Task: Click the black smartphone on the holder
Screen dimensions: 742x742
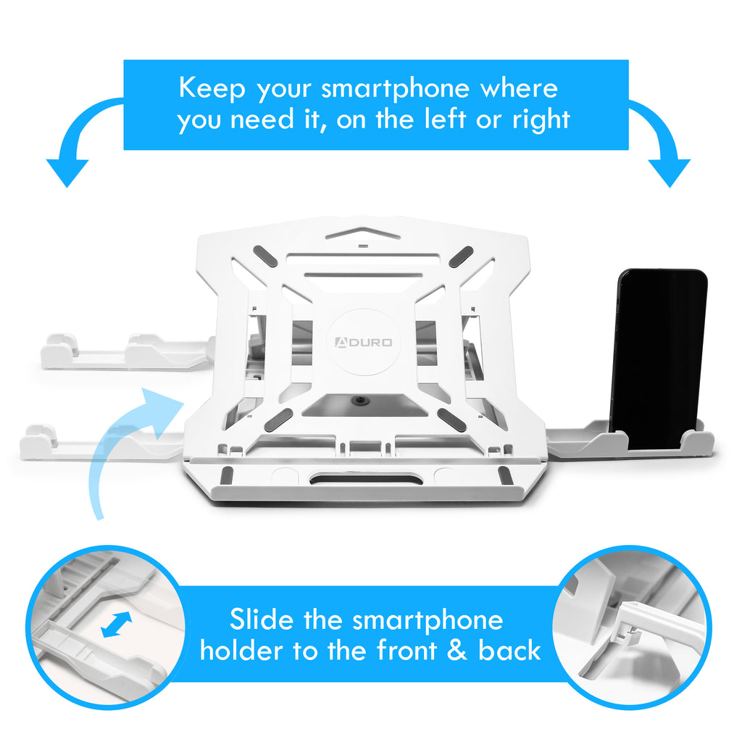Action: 659,359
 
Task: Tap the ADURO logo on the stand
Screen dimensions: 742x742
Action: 364,342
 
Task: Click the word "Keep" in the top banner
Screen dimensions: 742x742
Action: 212,88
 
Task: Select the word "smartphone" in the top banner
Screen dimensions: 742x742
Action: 396,89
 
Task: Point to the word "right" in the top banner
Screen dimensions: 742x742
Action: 541,120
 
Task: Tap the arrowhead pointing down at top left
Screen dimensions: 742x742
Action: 67,173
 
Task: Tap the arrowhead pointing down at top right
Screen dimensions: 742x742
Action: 669,173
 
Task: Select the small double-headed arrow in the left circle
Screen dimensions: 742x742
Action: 117,624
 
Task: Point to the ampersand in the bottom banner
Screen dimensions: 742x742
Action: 457,650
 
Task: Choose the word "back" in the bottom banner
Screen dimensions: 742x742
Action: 509,650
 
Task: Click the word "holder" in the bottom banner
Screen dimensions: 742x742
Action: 241,650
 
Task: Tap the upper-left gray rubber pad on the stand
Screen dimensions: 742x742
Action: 265,256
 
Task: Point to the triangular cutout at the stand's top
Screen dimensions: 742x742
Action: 363,234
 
